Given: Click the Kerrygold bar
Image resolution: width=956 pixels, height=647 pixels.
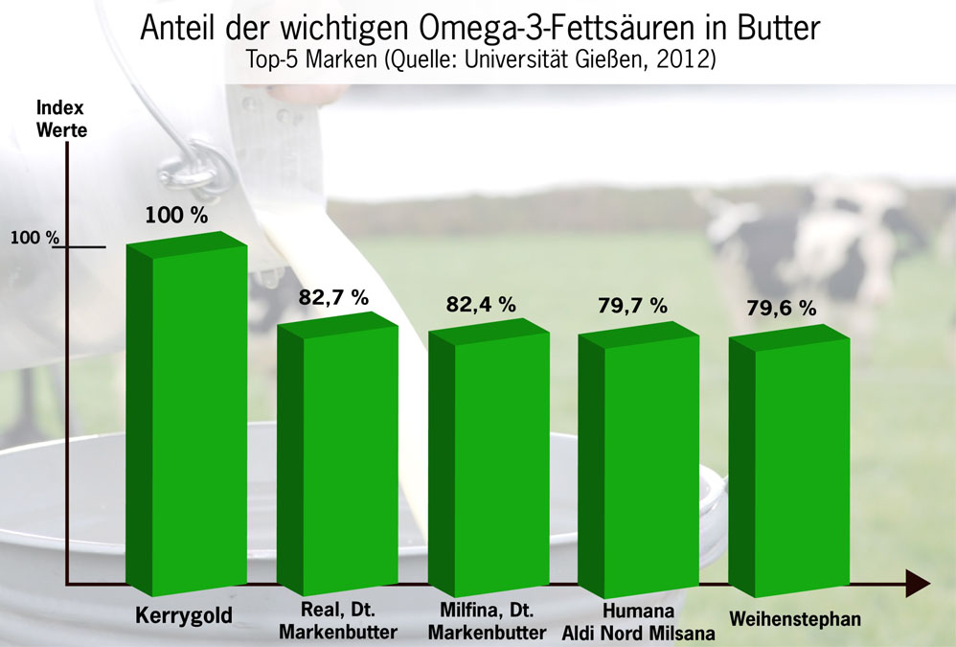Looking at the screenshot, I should point(188,422).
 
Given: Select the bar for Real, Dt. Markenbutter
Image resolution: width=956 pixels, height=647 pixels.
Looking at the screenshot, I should point(337,460).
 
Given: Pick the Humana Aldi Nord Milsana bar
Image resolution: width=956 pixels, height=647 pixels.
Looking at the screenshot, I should point(638,465).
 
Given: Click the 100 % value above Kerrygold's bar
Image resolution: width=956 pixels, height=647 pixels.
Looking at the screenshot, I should point(176,215).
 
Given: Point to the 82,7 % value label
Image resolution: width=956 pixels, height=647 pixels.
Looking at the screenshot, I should point(333,298).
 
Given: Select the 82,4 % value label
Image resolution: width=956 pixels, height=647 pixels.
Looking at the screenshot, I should point(481,305).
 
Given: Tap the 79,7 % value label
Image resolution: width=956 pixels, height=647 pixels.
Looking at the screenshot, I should point(631,306).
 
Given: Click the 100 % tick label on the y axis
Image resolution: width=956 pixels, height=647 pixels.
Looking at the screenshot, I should point(35,238).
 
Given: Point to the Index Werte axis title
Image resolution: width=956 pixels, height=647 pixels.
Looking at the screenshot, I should point(60,119).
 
